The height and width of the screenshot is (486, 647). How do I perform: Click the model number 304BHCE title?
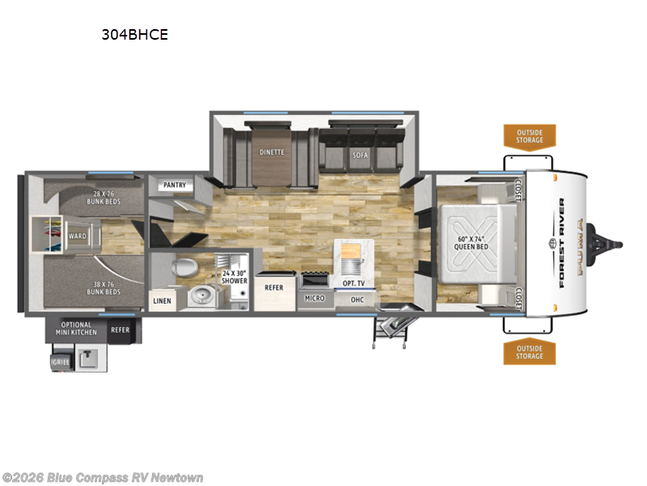[x=135, y=35]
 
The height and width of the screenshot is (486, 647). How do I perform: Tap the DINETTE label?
[x=272, y=151]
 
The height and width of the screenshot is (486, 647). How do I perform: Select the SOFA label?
[x=360, y=155]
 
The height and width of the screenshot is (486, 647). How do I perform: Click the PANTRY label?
[x=175, y=185]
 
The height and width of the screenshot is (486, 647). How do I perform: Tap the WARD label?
[x=78, y=237]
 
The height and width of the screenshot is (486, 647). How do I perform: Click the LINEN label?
[x=162, y=301]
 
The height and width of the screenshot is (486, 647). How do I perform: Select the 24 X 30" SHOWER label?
[x=235, y=277]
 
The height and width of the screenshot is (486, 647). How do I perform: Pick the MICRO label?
[x=315, y=298]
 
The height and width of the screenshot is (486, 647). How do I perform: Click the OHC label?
[x=357, y=300]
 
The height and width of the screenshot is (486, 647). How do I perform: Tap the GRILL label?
[x=61, y=363]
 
